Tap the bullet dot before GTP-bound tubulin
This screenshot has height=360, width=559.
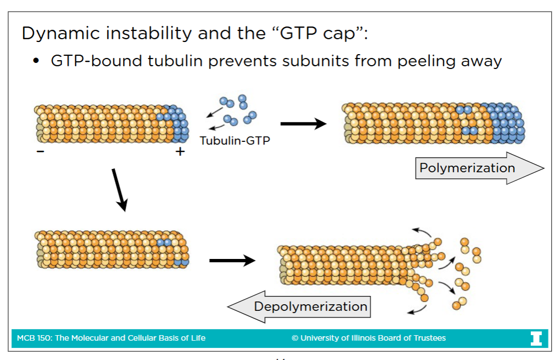37,61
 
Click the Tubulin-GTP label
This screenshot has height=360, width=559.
235,141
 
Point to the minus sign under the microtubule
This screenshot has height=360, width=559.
40,151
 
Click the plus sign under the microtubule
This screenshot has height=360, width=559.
180,151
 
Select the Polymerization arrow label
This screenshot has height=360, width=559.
467,168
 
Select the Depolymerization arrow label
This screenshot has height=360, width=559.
310,306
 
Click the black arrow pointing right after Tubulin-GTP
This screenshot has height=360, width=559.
304,123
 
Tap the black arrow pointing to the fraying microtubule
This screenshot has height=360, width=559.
232,260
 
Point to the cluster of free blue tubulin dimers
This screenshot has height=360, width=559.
237,110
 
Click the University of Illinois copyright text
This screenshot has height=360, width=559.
369,338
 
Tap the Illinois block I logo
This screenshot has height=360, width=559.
536,338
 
